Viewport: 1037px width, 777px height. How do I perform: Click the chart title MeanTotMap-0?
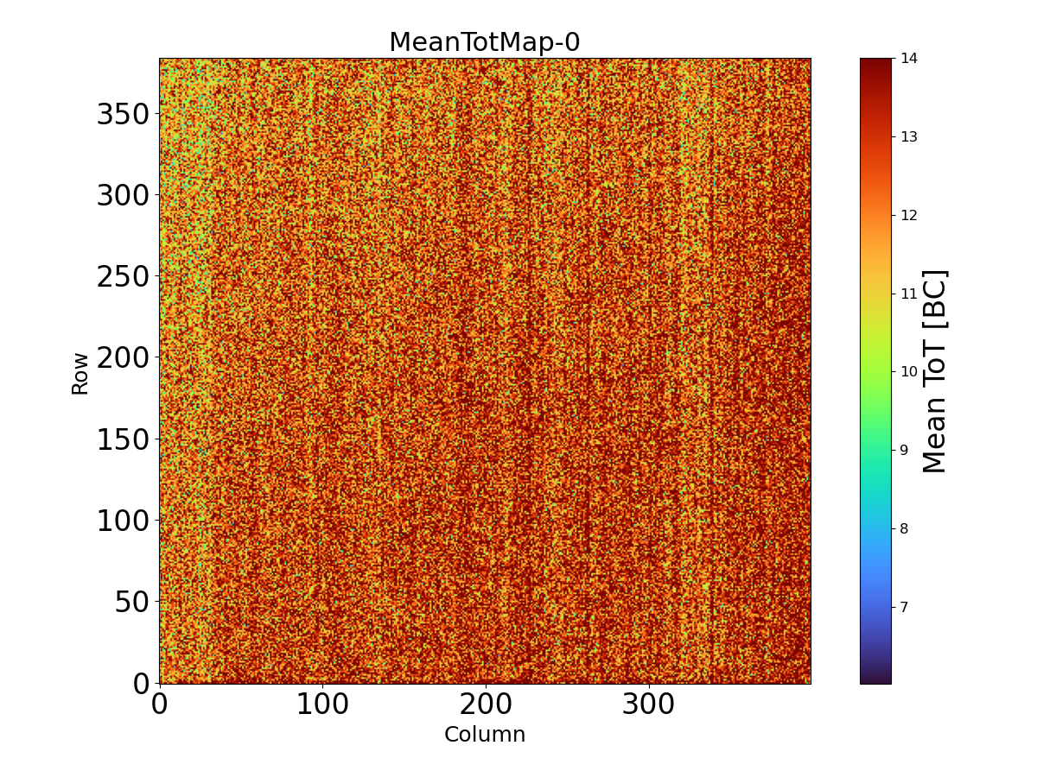[484, 42]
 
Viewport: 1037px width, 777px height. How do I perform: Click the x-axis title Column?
[484, 735]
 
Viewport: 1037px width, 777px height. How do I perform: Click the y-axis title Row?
[80, 373]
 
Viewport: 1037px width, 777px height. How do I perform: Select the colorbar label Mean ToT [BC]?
[935, 371]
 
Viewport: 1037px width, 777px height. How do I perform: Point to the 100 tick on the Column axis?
[322, 704]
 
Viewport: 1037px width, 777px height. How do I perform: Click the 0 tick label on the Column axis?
[159, 704]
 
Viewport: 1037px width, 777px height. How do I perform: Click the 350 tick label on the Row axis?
[123, 114]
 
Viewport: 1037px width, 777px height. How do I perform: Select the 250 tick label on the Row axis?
[123, 276]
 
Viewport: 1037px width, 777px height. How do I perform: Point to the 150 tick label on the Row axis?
[123, 439]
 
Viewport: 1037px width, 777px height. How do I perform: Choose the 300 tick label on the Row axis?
[123, 195]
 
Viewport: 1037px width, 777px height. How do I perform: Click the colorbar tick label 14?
[909, 59]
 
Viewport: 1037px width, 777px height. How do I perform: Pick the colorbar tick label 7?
[905, 607]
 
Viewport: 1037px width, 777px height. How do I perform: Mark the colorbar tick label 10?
[909, 372]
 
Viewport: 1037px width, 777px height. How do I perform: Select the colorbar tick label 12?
[909, 215]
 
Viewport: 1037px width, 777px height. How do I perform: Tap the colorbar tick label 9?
[905, 450]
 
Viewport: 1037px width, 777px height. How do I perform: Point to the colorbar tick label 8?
[905, 528]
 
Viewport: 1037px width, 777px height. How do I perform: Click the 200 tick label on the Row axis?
[123, 357]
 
